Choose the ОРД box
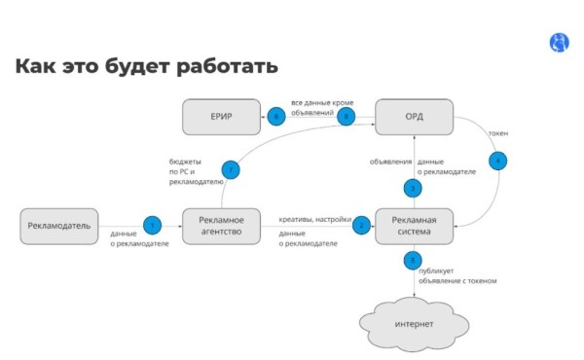pyautogui.click(x=414, y=117)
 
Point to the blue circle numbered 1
pyautogui.click(x=151, y=225)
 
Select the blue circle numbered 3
pyautogui.click(x=414, y=187)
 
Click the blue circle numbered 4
pyautogui.click(x=497, y=160)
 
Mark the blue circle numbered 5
pyautogui.click(x=414, y=261)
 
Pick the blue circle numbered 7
pyautogui.click(x=232, y=169)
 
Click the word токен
pyautogui.click(x=499, y=132)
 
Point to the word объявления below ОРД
pyautogui.click(x=389, y=162)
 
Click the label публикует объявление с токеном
pyautogui.click(x=458, y=275)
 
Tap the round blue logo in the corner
pyautogui.click(x=561, y=42)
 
